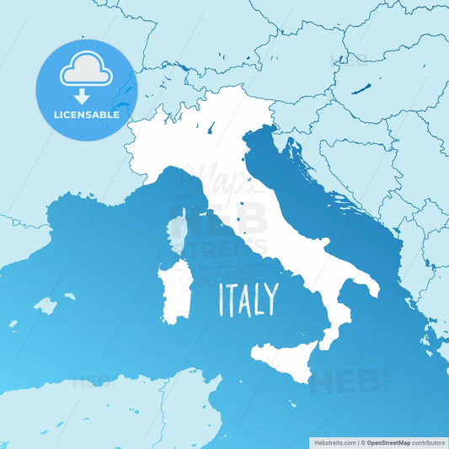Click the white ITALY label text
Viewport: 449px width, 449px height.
click(x=249, y=299)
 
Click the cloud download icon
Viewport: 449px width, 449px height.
click(x=87, y=74)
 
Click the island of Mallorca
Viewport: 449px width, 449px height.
click(x=45, y=305)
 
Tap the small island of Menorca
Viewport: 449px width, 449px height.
click(x=70, y=297)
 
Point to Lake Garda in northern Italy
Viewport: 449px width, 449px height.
click(x=208, y=127)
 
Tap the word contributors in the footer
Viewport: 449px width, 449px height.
click(x=432, y=441)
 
